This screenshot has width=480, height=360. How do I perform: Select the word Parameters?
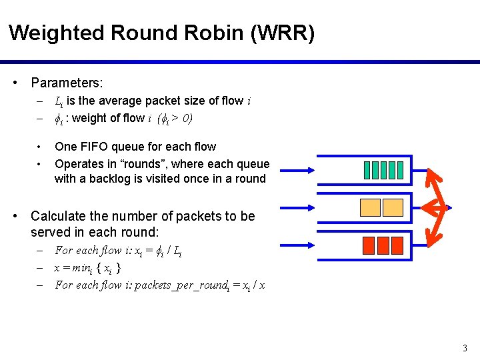[x=67, y=83]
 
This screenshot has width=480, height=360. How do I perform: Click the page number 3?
[x=465, y=348]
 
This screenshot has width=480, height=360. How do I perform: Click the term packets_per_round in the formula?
[x=178, y=285]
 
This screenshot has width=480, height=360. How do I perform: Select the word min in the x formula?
[x=81, y=268]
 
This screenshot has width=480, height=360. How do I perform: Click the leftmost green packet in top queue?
[x=368, y=171]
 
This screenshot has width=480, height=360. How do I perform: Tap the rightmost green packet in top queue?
[x=402, y=171]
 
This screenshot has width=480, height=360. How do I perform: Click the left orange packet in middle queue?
[x=370, y=208]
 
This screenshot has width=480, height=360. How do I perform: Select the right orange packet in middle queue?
[x=393, y=208]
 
